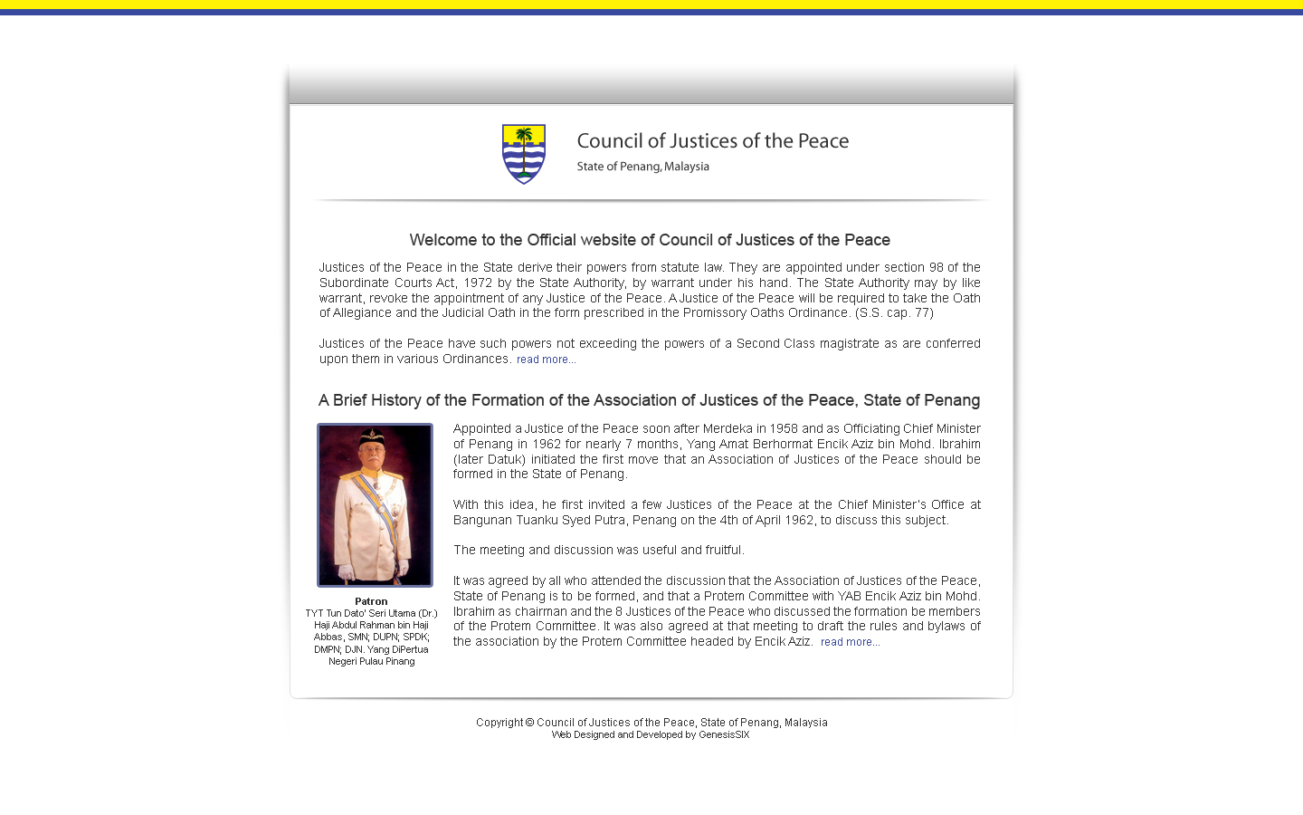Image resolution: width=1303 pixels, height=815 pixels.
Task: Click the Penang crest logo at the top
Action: pos(524,154)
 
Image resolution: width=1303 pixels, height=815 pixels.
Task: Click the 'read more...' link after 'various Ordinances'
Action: pos(546,360)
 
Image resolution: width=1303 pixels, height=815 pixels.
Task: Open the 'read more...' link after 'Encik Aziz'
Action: pos(850,642)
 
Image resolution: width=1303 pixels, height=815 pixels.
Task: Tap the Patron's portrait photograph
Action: pos(375,504)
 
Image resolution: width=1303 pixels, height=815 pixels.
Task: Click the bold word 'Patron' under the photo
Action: pos(371,601)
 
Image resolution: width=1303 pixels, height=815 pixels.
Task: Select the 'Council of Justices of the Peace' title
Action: pos(712,141)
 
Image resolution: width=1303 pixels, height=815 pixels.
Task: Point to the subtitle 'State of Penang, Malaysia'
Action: pos(642,167)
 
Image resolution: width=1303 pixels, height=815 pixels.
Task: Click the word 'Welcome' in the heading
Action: pos(442,240)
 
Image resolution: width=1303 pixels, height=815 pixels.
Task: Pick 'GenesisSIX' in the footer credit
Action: pos(724,734)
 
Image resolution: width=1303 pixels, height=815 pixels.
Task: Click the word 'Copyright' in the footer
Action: pos(499,723)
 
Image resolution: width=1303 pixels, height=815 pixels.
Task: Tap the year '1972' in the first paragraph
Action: pos(478,283)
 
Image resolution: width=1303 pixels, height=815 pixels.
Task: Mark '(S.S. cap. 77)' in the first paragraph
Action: pos(894,312)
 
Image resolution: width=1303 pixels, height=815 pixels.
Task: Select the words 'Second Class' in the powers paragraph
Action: pos(775,343)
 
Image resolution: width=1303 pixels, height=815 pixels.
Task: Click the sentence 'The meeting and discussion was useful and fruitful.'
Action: pos(598,550)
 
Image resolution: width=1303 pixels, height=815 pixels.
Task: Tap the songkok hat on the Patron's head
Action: pos(372,437)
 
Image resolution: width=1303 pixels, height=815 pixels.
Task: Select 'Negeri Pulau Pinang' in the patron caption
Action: pos(371,661)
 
